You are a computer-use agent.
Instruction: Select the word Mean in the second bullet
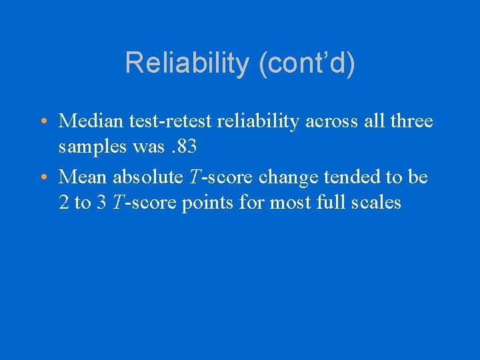tap(84, 177)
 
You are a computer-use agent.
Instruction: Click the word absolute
tap(147, 177)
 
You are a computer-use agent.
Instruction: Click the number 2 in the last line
tap(64, 202)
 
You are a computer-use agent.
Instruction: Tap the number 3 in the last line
tap(101, 202)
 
